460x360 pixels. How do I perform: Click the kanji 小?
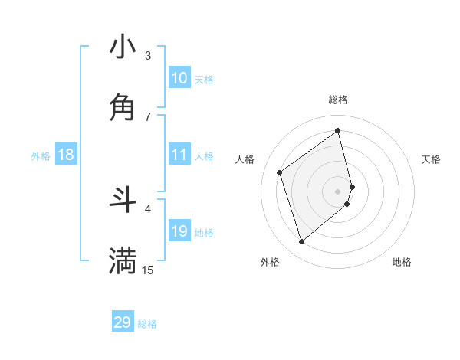[x=123, y=47]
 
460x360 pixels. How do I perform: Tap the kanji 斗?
[x=123, y=200]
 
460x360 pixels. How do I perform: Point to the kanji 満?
[x=123, y=260]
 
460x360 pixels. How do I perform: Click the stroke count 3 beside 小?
[x=148, y=56]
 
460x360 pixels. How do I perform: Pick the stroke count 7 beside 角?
[x=148, y=116]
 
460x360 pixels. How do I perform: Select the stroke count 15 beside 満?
[x=148, y=270]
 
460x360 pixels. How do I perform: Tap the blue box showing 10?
[x=179, y=78]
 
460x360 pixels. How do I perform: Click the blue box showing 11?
[x=179, y=155]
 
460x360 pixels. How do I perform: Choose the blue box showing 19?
[x=179, y=231]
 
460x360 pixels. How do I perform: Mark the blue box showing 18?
[x=66, y=155]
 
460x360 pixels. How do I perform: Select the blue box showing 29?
[x=123, y=322]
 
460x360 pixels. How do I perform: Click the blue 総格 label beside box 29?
[x=148, y=324]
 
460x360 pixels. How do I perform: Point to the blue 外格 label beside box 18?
[x=41, y=156]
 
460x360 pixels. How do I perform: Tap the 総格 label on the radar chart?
[x=338, y=100]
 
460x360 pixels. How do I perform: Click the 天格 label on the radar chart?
[x=431, y=159]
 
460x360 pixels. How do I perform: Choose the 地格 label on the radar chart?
[x=402, y=262]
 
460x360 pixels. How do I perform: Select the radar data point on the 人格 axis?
[x=280, y=172]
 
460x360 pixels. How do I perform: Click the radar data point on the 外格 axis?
[x=301, y=242]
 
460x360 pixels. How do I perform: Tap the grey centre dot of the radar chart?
[x=338, y=191]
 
